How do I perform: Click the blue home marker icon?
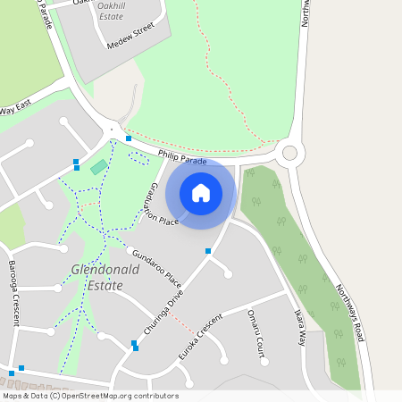click(x=201, y=192)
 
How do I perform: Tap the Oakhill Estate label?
click(x=122, y=11)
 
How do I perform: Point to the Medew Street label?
click(x=130, y=39)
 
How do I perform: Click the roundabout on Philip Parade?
click(x=289, y=154)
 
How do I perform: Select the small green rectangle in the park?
click(x=98, y=167)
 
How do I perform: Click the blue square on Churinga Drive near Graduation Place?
click(x=208, y=251)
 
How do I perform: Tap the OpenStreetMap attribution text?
click(x=89, y=396)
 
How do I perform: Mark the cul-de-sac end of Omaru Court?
click(x=264, y=362)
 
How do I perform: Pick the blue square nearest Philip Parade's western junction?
click(x=129, y=138)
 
